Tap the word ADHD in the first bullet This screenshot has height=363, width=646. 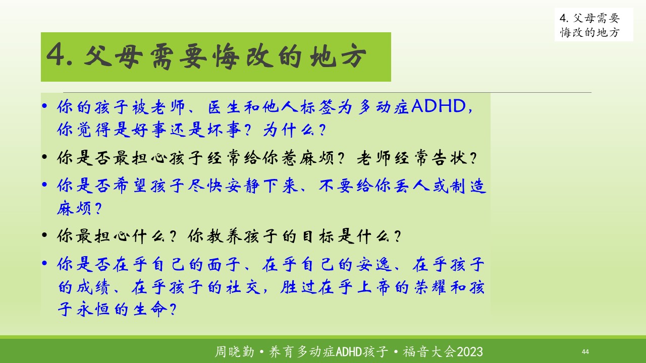(x=439, y=106)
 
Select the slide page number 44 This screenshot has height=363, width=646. (x=585, y=351)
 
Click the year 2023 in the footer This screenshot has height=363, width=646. (x=470, y=352)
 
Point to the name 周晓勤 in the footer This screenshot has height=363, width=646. (x=235, y=352)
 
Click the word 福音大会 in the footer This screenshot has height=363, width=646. (x=429, y=352)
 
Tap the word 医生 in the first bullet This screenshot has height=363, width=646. (x=224, y=107)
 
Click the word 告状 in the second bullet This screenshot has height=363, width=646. (x=449, y=158)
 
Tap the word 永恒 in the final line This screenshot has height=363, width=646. (x=93, y=309)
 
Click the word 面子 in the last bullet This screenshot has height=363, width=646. (x=224, y=264)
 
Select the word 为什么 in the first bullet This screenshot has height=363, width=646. (x=289, y=130)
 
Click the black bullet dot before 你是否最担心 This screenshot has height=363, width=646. (x=44, y=157)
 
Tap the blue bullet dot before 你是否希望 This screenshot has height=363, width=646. (x=44, y=185)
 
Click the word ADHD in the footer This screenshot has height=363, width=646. (x=349, y=352)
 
